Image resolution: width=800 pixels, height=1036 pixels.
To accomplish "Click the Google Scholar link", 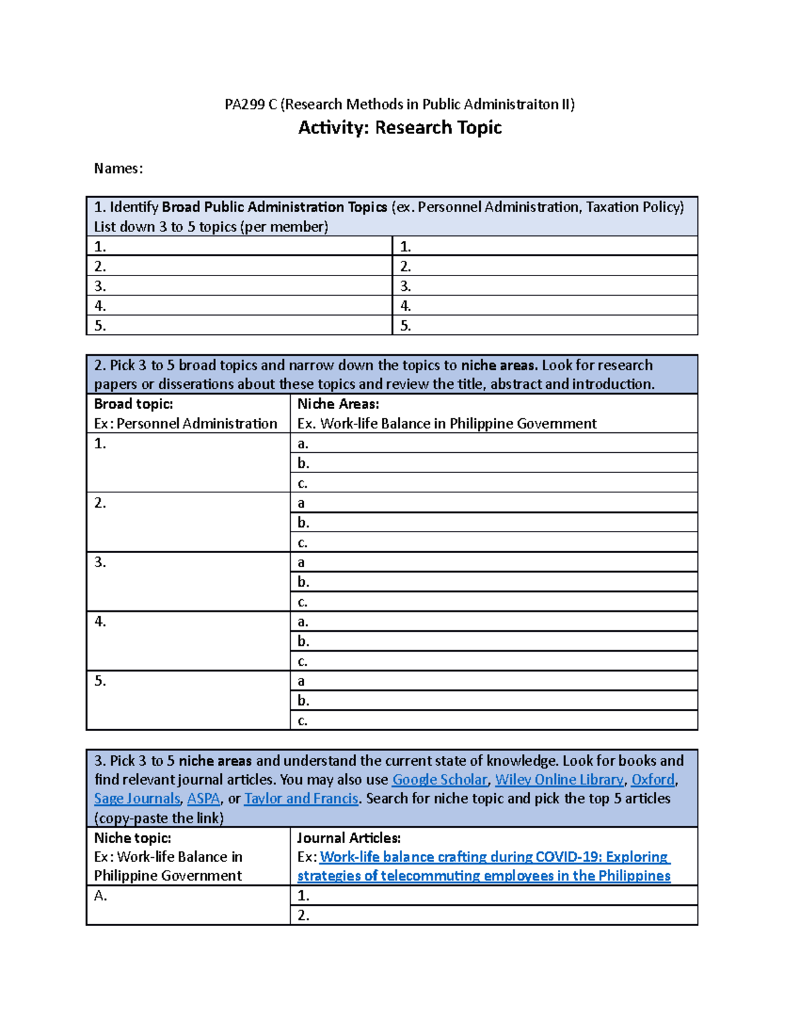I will click(x=439, y=779).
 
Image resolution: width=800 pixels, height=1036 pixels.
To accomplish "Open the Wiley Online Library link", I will click(x=559, y=779).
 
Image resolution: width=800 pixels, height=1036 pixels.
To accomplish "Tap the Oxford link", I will click(x=653, y=779).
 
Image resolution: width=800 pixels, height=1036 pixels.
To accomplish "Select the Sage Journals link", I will click(x=137, y=799).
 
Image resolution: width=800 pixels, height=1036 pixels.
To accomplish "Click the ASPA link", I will click(x=203, y=799).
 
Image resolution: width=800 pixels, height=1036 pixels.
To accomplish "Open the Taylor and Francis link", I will click(x=301, y=799).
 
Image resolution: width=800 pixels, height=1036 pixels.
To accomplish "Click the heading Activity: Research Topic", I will click(x=399, y=127).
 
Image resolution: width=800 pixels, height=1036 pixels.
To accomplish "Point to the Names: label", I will click(x=118, y=168).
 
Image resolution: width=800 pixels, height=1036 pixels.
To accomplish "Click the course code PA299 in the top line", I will click(x=244, y=104).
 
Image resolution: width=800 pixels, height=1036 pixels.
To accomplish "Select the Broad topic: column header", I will click(x=133, y=404).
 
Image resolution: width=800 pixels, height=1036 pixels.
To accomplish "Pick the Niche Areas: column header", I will click(x=338, y=404).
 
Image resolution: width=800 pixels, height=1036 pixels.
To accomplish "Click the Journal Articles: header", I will click(x=349, y=838).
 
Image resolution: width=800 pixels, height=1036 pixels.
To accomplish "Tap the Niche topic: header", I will click(x=132, y=838).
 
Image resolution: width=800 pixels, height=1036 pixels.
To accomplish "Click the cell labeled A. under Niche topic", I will click(x=101, y=895).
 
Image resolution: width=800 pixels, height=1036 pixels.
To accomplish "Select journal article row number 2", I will click(x=303, y=915).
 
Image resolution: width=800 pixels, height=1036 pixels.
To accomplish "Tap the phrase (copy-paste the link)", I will click(x=159, y=818).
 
